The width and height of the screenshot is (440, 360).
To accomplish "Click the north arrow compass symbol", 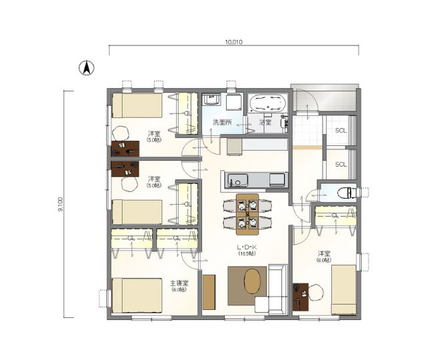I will (87, 67).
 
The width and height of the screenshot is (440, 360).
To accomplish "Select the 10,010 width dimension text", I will (233, 41).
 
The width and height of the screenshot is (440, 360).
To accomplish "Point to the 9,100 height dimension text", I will (61, 203).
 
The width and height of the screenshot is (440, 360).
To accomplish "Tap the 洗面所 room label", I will (222, 123).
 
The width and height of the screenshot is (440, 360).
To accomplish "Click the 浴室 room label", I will (265, 123).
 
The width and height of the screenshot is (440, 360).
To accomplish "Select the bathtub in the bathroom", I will (267, 103).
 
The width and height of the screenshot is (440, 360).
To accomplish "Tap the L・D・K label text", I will (247, 247).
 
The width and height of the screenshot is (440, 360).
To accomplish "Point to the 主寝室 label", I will (179, 283).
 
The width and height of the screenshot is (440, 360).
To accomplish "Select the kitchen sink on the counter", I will (237, 180).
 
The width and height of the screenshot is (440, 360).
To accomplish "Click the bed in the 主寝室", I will (137, 295).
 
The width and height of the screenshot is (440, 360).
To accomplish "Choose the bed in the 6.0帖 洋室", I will (343, 289).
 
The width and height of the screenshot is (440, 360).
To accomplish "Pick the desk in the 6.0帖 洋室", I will (300, 296).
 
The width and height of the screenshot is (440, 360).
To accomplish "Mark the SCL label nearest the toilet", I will (341, 164).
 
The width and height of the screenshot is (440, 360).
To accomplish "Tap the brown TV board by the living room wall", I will (209, 291).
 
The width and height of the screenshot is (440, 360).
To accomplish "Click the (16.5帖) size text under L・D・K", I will (247, 254).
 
